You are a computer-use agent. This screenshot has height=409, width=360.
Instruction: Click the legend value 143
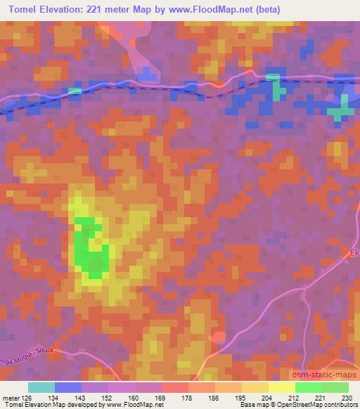click(79, 397)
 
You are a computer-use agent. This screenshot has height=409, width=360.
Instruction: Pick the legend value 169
click(160, 397)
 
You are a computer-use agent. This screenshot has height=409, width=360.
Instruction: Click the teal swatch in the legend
click(41, 387)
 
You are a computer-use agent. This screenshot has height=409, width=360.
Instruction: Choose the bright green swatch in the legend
click(308, 387)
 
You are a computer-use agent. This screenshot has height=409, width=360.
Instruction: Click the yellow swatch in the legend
click(281, 387)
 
